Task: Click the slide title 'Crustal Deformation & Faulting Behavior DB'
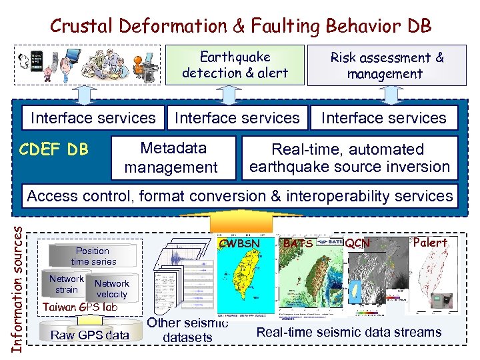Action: click(x=241, y=26)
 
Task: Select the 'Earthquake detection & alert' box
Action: click(x=235, y=65)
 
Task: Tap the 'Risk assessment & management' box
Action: click(x=387, y=65)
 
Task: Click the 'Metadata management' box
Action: click(x=171, y=158)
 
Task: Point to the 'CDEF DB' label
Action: click(x=53, y=149)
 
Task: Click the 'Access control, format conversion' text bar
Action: click(x=239, y=196)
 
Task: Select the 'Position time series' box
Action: click(x=93, y=256)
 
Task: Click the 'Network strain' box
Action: click(x=67, y=284)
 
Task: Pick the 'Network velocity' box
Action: click(x=111, y=289)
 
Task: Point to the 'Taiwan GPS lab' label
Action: click(x=79, y=307)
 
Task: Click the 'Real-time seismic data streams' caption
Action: click(x=349, y=332)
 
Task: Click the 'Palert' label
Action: click(x=430, y=243)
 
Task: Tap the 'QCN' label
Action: click(x=357, y=244)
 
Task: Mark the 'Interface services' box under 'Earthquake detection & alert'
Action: click(x=237, y=118)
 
